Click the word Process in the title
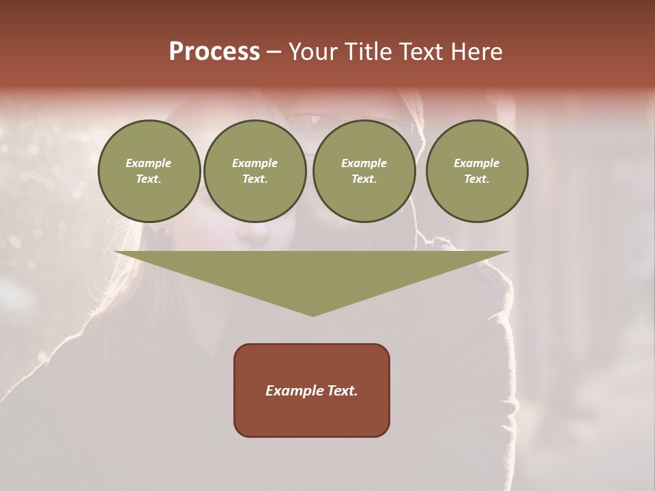click(214, 51)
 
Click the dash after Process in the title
click(274, 53)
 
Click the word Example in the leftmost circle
click(149, 163)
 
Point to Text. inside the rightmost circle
click(477, 179)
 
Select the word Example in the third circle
click(364, 163)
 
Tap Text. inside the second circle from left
click(255, 179)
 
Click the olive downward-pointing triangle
click(312, 273)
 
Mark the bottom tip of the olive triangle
click(312, 315)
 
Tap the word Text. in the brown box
click(343, 391)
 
